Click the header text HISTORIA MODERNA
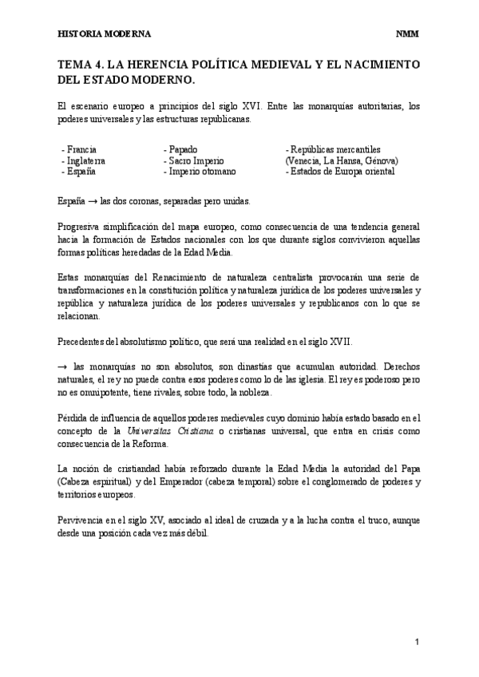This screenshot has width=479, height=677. [105, 34]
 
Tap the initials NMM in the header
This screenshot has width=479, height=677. [407, 34]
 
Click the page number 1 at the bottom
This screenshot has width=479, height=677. [417, 643]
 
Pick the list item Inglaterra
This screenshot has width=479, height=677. [85, 160]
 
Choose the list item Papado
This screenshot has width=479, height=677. [183, 149]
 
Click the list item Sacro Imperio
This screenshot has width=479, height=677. [194, 160]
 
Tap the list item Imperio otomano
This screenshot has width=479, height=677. [200, 172]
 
